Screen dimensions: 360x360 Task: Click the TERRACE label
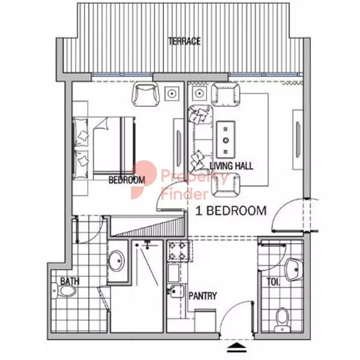coord(184,42)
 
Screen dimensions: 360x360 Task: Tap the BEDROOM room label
coord(127,180)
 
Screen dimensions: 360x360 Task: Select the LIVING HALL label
coord(232,166)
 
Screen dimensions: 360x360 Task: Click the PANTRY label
coord(202,296)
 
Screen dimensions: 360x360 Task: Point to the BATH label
coord(70,281)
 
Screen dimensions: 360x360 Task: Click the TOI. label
coord(273,282)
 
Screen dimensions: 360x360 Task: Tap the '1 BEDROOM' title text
coord(231,211)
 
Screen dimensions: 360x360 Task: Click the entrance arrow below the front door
coord(236,348)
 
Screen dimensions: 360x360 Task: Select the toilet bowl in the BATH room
coord(66,291)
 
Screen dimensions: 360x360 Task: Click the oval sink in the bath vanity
coord(116,261)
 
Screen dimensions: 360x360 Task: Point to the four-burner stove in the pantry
coord(179,251)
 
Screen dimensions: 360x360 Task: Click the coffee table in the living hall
coord(226,140)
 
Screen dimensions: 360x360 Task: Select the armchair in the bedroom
coord(146,94)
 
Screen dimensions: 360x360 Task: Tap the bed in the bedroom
coord(104,148)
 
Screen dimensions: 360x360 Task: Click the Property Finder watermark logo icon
coord(143,179)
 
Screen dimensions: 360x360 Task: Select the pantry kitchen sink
coord(177,292)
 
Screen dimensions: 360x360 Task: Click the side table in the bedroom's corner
coord(172,94)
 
